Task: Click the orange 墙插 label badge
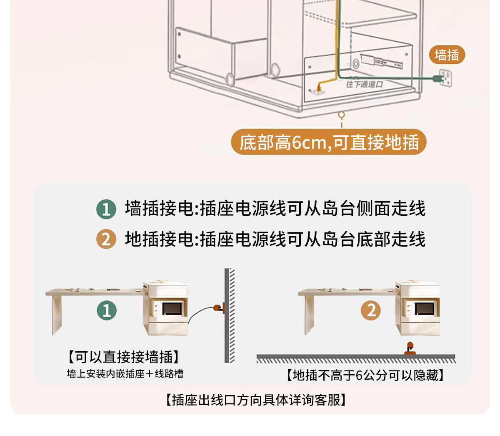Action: [447, 55]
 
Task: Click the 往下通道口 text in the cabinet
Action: [364, 84]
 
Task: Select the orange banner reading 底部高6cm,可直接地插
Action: [328, 142]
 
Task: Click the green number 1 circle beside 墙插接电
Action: [106, 209]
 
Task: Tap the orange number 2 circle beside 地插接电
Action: [106, 239]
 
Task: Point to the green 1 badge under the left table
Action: [107, 310]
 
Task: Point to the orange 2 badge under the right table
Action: [371, 310]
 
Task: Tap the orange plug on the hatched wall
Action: [218, 308]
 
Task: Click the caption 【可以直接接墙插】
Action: [124, 357]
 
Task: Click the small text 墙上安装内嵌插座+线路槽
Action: [125, 374]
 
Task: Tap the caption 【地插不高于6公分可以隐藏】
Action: [365, 376]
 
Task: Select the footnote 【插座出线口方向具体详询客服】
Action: [256, 400]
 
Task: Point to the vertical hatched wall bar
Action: [230, 315]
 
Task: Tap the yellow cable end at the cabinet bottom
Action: [319, 88]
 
